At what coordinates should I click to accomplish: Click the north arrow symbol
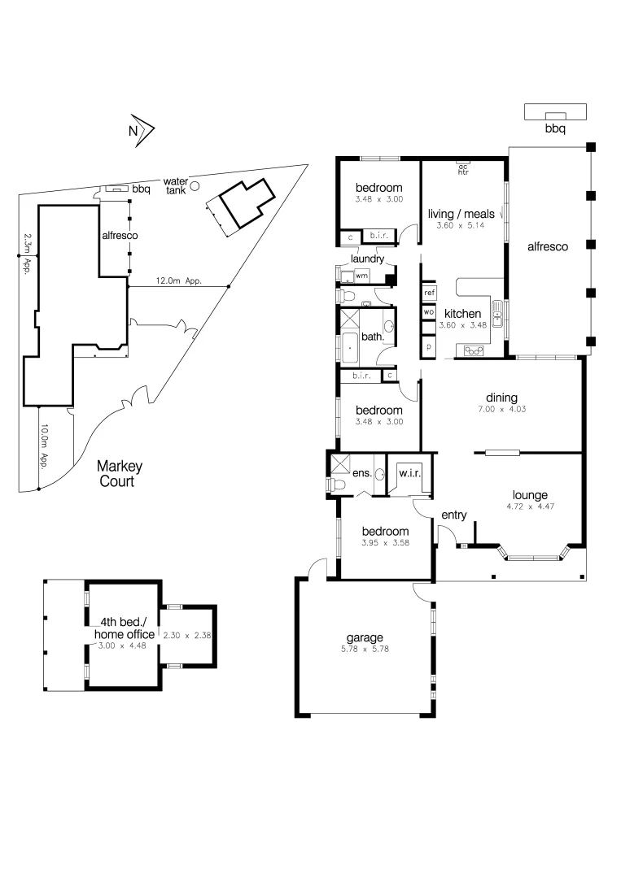tap(142, 128)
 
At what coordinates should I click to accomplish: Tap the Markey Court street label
tap(119, 473)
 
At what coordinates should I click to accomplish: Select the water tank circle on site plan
tap(195, 186)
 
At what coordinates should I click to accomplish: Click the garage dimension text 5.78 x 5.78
tap(364, 650)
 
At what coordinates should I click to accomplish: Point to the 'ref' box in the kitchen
tap(429, 292)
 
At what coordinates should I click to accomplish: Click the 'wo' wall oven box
tap(429, 311)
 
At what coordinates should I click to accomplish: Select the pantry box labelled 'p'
tap(429, 347)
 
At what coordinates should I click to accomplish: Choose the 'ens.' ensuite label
tap(361, 473)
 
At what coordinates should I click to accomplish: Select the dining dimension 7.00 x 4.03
tap(501, 409)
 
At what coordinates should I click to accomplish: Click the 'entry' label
tap(453, 515)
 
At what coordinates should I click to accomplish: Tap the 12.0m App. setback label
tap(179, 282)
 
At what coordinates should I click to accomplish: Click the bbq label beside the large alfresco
tap(554, 128)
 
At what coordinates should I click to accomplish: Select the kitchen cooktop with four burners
tap(474, 350)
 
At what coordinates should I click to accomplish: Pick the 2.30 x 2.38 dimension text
tap(187, 635)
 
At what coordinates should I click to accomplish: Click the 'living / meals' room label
tap(461, 214)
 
